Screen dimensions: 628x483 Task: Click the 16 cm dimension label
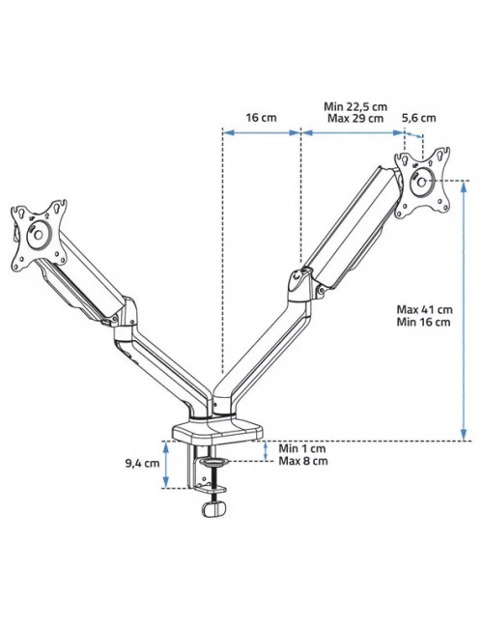[260, 117]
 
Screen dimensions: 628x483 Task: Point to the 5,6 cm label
[418, 118]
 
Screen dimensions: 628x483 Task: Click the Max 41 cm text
[424, 309]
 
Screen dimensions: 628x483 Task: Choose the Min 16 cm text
[423, 322]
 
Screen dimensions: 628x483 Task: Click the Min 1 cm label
[302, 448]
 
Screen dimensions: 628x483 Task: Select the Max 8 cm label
[303, 461]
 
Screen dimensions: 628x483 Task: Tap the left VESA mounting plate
[41, 233]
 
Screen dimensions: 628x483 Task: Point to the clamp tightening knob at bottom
[214, 509]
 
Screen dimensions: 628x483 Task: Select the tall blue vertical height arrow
[465, 309]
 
